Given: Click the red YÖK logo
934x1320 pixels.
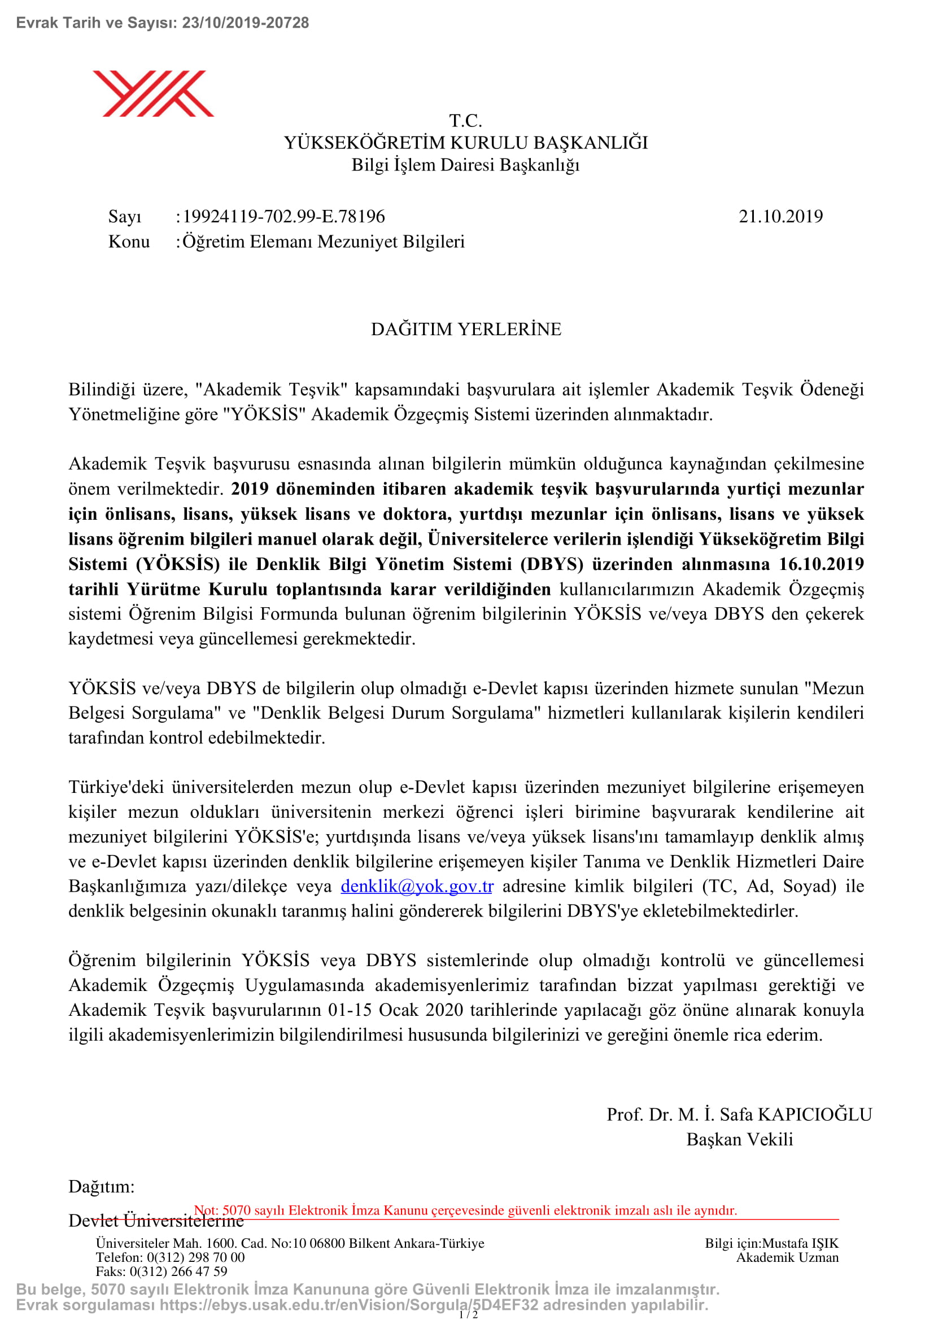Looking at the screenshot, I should tap(153, 93).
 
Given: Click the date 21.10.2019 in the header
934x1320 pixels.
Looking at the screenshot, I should tap(780, 217).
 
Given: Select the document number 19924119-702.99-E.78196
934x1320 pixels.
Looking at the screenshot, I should tap(283, 217).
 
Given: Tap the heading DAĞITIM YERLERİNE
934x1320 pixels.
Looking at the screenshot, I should tap(466, 330).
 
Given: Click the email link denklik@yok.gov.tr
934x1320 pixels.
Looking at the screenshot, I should tap(416, 886).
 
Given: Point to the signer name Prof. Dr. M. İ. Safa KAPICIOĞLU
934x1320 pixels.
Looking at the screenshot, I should tap(739, 1114).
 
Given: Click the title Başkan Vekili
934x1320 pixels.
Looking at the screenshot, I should tap(739, 1139).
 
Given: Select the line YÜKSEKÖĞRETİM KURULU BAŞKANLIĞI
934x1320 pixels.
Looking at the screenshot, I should tap(466, 143).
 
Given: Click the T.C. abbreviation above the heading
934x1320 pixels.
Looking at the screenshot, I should tap(465, 121).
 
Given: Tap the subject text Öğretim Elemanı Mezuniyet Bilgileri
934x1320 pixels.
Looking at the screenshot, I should tap(323, 242).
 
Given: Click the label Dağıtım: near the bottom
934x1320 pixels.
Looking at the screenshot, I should tap(101, 1186).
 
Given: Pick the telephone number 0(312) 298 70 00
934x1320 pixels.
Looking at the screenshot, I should tap(195, 1257).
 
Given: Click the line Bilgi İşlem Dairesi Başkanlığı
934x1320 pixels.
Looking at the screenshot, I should tap(465, 165).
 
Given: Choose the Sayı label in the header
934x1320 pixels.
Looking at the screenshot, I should tap(124, 217).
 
